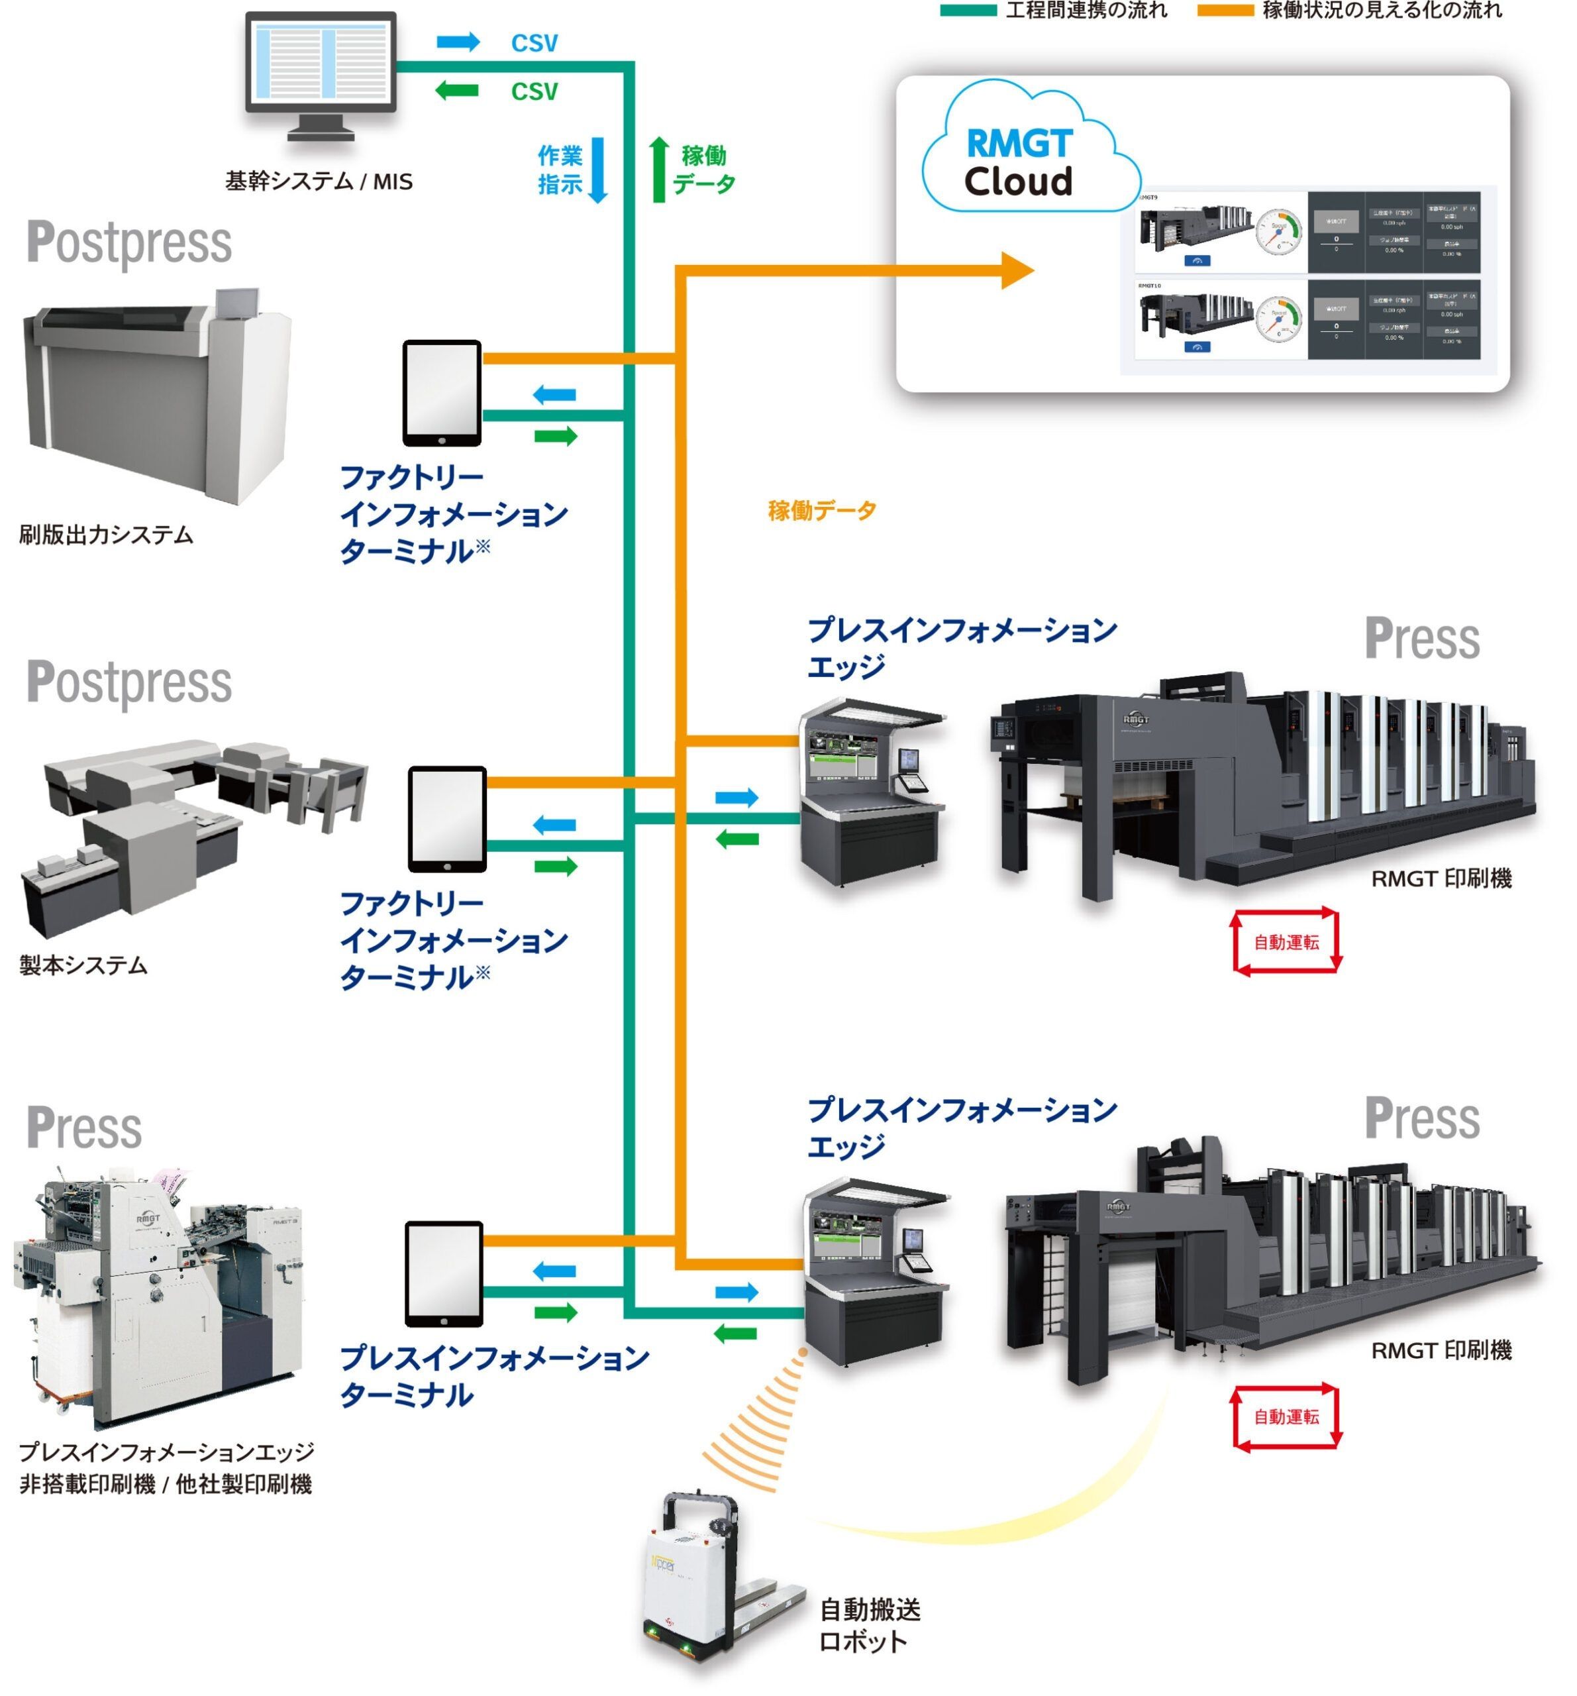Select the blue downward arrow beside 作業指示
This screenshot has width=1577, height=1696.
598,170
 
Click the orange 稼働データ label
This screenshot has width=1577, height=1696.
821,510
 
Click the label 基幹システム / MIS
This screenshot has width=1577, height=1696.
318,181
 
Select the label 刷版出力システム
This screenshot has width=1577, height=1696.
106,535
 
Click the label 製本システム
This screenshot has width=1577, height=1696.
83,965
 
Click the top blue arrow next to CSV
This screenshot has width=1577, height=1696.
458,42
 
